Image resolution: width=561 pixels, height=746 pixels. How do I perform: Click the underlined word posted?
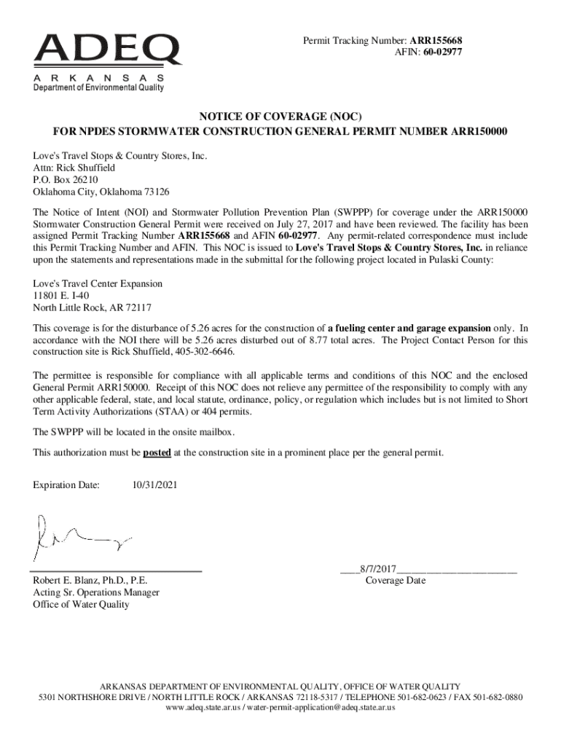(157, 452)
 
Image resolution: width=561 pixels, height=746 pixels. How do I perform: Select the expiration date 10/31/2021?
(154, 484)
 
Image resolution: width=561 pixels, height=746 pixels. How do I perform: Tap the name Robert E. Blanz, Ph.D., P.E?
(90, 581)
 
